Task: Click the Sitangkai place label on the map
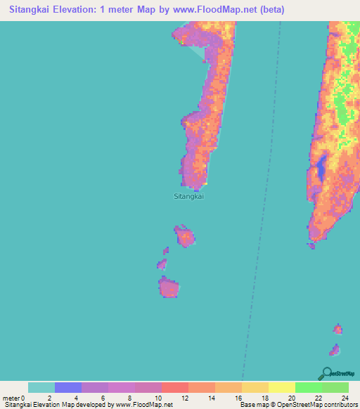(188, 197)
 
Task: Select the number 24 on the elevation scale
(345, 398)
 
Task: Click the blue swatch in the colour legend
(68, 387)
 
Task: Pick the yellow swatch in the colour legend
(282, 387)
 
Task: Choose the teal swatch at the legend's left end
(41, 387)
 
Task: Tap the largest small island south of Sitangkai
(169, 287)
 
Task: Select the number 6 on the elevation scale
(104, 398)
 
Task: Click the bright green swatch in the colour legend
(309, 387)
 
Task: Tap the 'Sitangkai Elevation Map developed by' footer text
(56, 405)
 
